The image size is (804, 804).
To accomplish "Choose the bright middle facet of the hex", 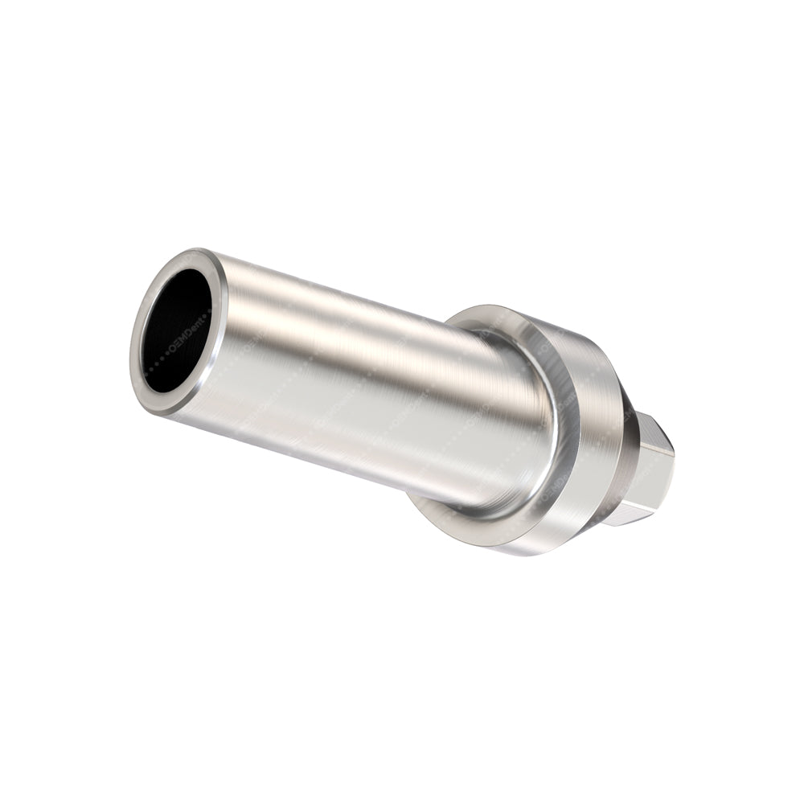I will [x=655, y=478].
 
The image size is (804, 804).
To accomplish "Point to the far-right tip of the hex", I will [x=673, y=470].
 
